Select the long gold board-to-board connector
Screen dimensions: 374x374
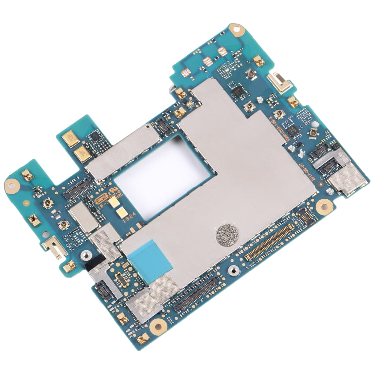271,242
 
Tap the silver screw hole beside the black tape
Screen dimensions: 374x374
86,256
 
